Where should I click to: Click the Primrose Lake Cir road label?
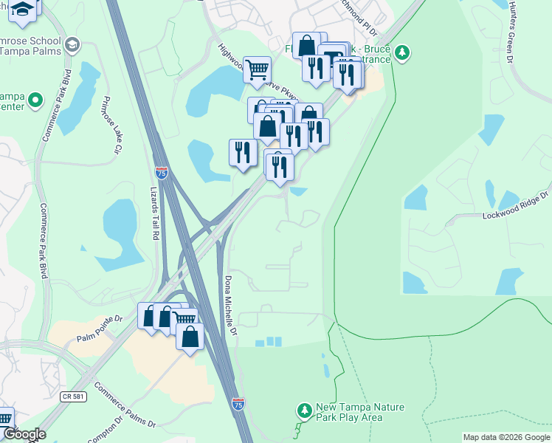(112, 126)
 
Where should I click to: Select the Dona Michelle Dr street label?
(230, 304)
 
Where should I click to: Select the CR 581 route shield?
(70, 396)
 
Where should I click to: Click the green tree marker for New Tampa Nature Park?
(303, 409)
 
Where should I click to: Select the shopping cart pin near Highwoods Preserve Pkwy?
(257, 70)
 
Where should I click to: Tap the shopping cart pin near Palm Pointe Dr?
(184, 319)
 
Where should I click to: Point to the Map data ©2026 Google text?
(506, 437)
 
